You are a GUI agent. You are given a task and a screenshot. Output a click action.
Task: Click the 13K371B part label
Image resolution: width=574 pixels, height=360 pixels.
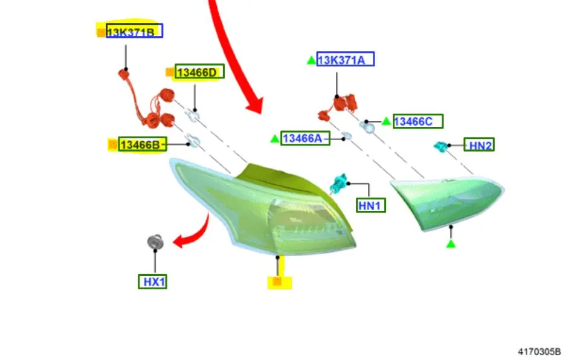tap(134, 31)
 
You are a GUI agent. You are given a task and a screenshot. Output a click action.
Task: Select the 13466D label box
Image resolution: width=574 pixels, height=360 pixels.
tap(199, 71)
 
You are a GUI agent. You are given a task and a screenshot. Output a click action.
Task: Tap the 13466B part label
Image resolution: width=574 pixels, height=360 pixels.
tap(143, 144)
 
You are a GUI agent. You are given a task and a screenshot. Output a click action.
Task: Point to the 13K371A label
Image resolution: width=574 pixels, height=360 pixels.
tap(345, 59)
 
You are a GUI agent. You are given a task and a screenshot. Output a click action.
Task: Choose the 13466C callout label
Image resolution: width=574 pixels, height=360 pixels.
tap(418, 121)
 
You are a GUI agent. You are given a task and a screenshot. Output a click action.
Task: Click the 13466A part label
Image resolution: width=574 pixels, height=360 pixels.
tap(305, 138)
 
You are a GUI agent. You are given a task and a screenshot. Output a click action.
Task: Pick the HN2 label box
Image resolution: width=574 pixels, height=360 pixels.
tap(479, 144)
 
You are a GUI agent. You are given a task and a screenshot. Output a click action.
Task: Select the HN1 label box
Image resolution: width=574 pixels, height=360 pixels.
tap(371, 205)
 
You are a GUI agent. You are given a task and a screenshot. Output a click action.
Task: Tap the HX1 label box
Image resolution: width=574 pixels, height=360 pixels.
tap(153, 281)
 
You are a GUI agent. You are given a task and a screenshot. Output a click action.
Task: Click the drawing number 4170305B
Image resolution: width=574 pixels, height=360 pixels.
tap(539, 352)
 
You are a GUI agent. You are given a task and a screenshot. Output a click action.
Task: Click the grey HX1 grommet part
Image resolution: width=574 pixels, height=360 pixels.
tap(155, 242)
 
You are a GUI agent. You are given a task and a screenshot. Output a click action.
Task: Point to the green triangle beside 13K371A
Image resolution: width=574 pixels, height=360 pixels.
tap(311, 60)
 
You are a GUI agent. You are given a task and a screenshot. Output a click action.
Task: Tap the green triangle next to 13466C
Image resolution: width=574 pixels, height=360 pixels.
tap(386, 121)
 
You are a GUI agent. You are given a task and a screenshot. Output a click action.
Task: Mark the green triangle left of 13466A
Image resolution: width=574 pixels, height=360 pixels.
tap(274, 139)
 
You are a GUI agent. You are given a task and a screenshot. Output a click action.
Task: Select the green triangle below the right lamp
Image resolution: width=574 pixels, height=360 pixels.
tap(451, 243)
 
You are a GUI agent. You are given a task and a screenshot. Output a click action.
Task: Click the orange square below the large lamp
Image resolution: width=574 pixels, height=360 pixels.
tap(277, 281)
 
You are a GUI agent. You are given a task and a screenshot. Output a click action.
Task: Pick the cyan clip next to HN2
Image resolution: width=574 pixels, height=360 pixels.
tap(440, 146)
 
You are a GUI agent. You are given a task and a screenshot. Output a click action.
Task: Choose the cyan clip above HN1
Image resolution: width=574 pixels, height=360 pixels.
tap(338, 183)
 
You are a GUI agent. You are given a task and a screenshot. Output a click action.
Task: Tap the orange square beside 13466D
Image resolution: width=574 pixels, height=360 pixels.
tap(170, 72)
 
